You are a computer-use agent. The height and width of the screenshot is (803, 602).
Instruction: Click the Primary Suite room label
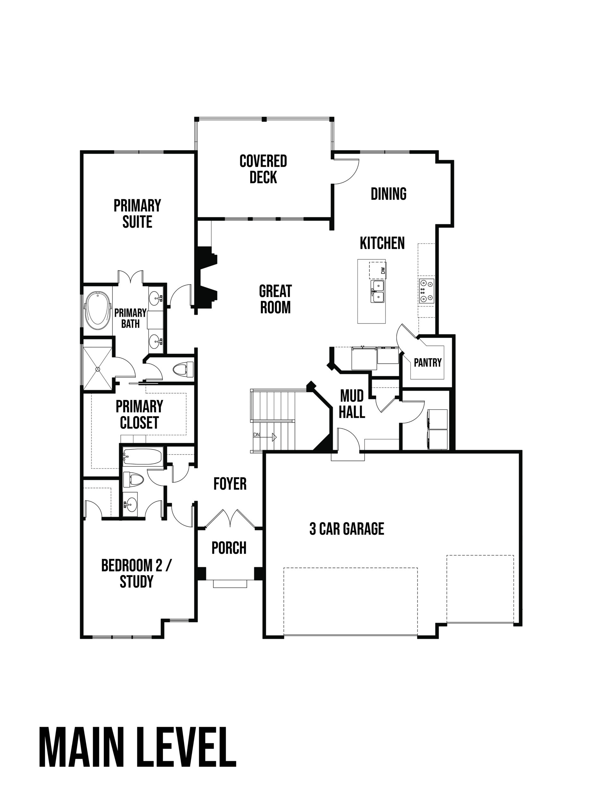(x=137, y=214)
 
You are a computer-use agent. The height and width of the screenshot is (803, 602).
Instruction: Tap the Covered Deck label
(x=263, y=169)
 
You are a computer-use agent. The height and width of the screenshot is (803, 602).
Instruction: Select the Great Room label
(x=275, y=299)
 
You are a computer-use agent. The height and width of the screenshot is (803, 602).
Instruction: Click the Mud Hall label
(x=352, y=404)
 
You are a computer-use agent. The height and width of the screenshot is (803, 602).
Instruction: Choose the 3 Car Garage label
(x=347, y=529)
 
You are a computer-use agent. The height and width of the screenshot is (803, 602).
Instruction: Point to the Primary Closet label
(x=139, y=415)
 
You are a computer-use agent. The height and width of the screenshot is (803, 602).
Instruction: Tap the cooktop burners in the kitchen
(x=426, y=291)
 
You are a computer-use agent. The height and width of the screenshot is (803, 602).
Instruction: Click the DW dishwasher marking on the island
(x=382, y=270)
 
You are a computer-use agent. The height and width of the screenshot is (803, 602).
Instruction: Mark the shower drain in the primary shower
(x=97, y=369)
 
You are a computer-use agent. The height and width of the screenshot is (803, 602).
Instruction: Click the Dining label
(x=388, y=194)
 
